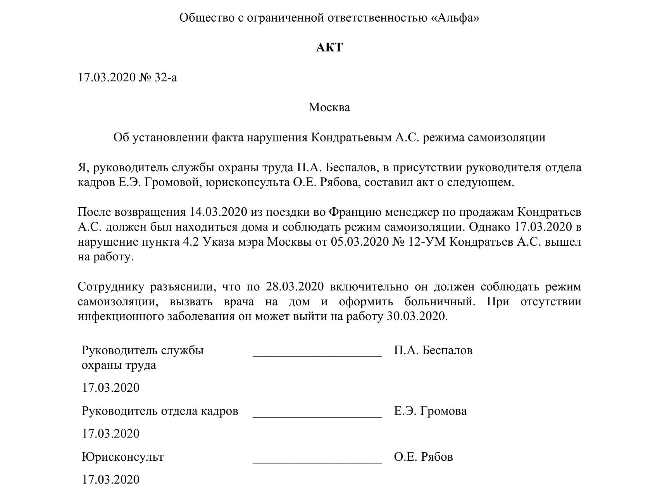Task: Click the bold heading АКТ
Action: pyautogui.click(x=329, y=47)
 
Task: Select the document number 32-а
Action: pyautogui.click(x=165, y=77)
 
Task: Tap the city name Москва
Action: pyautogui.click(x=329, y=107)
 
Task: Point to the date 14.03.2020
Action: pyautogui.click(x=219, y=212)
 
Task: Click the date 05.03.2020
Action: pyautogui.click(x=359, y=242)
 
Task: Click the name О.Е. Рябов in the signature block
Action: pyautogui.click(x=423, y=457)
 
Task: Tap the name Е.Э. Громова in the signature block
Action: pyautogui.click(x=430, y=411)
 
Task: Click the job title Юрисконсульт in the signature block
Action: pyautogui.click(x=122, y=457)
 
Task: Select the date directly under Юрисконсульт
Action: pyautogui.click(x=110, y=480)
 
